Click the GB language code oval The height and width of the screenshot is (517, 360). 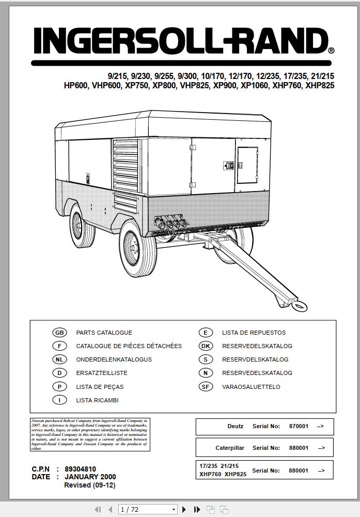pyautogui.click(x=60, y=333)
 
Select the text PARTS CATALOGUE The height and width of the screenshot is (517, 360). pyautogui.click(x=104, y=333)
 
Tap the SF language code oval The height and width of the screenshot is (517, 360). pyautogui.click(x=206, y=386)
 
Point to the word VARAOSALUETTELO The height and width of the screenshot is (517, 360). pyautogui.click(x=251, y=386)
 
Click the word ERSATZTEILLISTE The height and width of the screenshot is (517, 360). pyautogui.click(x=101, y=373)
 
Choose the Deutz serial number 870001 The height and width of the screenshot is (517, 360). pyautogui.click(x=299, y=427)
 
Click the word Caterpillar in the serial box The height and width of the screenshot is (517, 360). pyautogui.click(x=230, y=448)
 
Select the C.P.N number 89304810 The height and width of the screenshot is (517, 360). pyautogui.click(x=80, y=469)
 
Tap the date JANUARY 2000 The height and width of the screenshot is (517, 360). pyautogui.click(x=90, y=477)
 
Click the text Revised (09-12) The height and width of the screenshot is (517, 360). pyautogui.click(x=90, y=485)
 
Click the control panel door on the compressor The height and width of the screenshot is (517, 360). pyautogui.click(x=247, y=165)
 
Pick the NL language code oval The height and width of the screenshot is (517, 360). pyautogui.click(x=60, y=359)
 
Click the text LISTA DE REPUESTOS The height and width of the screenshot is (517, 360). pyautogui.click(x=254, y=333)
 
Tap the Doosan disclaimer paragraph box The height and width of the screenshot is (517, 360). pyautogui.click(x=89, y=434)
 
